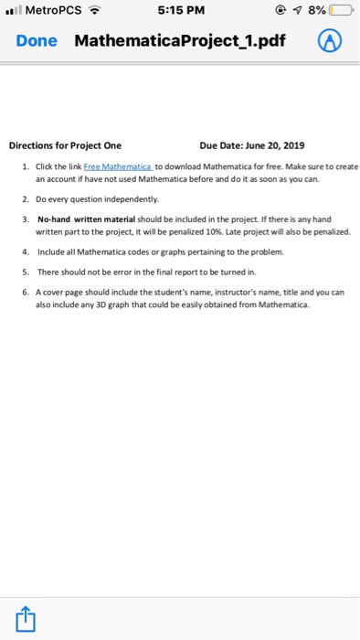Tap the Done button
point(37,42)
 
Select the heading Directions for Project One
point(65,144)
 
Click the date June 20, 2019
point(270,144)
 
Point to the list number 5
point(25,271)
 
